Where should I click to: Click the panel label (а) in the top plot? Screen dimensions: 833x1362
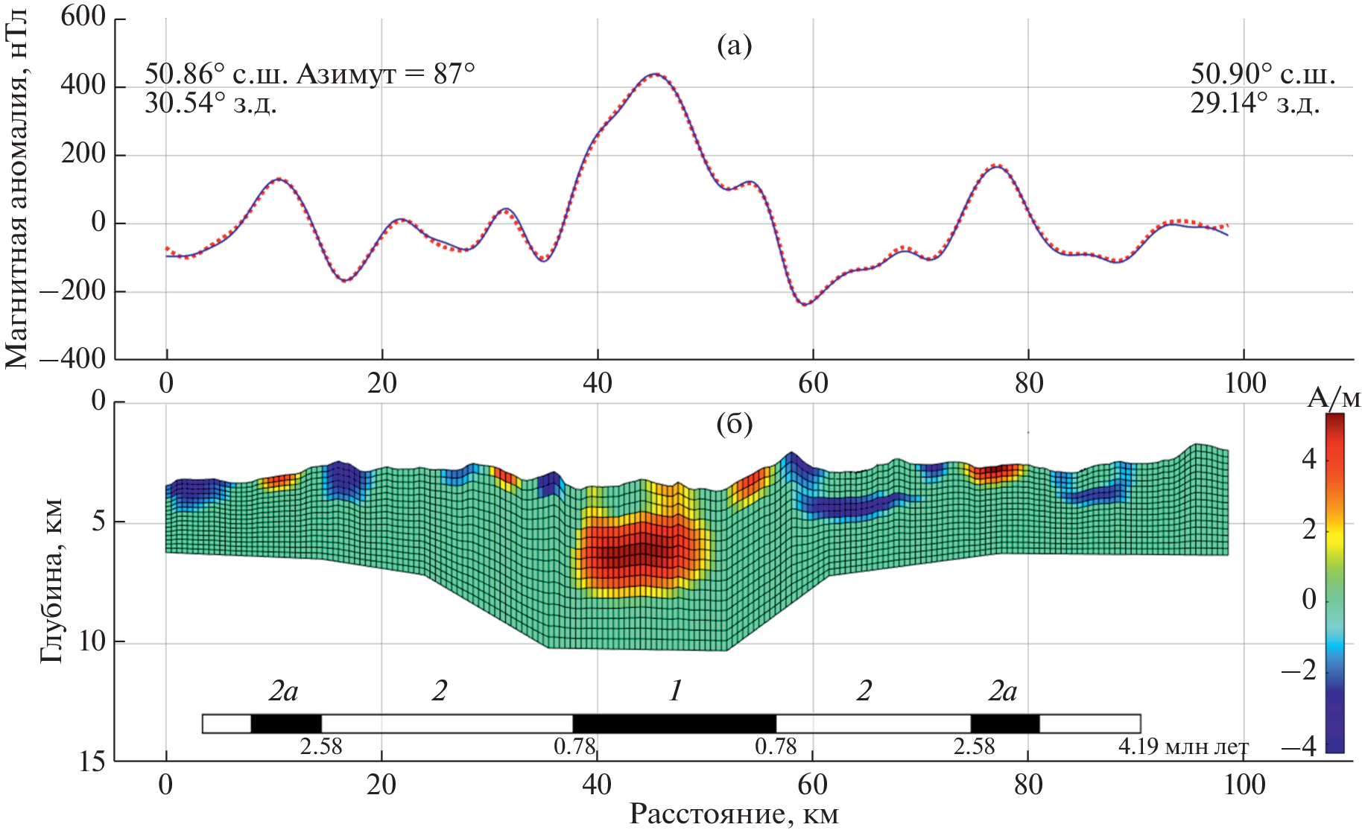tap(734, 46)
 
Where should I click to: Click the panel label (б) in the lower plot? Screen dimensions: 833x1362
tap(734, 424)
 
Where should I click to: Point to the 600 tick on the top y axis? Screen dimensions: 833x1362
tap(83, 16)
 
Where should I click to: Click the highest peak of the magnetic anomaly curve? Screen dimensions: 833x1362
tap(654, 75)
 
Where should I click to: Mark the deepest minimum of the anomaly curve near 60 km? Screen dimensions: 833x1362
tap(805, 304)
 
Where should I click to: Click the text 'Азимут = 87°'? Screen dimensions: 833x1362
tap(385, 74)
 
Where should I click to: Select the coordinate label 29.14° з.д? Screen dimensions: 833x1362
tap(1255, 103)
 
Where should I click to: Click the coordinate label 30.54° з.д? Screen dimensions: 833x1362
tap(210, 103)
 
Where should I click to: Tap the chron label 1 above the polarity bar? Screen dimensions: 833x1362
tap(675, 691)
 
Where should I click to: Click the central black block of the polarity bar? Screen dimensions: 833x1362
tap(674, 723)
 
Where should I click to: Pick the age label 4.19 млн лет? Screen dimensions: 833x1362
tap(1183, 746)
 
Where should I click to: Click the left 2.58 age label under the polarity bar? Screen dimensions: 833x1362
tap(321, 746)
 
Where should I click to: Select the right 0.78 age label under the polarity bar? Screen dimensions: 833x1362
tap(776, 746)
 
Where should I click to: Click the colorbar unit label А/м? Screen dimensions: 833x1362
tap(1334, 399)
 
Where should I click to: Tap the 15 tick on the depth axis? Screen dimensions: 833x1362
tap(92, 762)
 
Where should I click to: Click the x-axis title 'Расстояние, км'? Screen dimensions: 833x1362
tap(734, 814)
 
